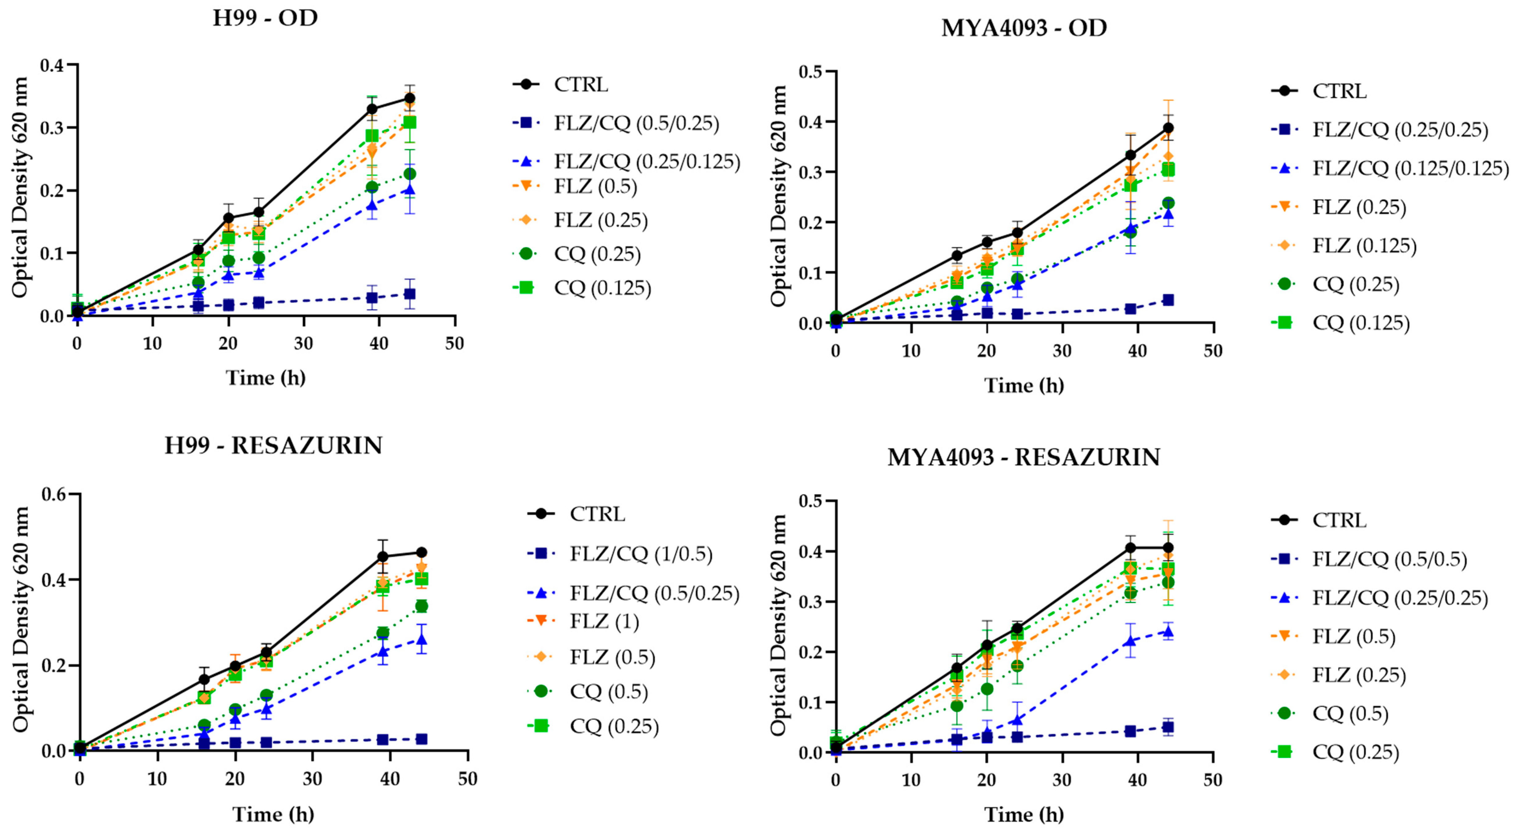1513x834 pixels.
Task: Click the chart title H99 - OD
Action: (265, 18)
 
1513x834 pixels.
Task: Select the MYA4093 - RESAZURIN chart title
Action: (1024, 457)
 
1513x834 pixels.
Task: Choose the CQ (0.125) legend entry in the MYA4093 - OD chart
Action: (1340, 322)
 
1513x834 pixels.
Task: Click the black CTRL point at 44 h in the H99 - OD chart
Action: (409, 98)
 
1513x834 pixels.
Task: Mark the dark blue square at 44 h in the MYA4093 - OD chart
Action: (1168, 300)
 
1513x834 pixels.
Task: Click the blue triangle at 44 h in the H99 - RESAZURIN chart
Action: (421, 639)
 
